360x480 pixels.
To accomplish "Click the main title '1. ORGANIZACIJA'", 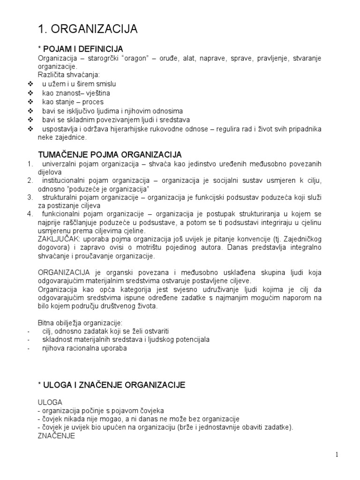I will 87,29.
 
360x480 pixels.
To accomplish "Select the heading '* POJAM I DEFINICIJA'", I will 80,49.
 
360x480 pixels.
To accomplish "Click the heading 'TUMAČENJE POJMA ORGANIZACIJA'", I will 109,155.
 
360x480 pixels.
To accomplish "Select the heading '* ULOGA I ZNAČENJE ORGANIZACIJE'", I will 112,385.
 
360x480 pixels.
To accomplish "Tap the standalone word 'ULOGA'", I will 50,402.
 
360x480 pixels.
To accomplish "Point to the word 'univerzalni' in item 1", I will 59,164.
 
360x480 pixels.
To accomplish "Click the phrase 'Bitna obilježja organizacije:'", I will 80,323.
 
